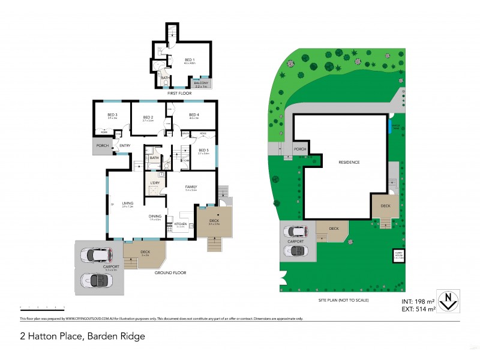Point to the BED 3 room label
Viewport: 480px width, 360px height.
coord(112,115)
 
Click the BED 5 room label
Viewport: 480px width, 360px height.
coord(203,150)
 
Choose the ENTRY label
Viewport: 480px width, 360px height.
coord(125,146)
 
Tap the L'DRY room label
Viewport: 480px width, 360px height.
coord(155,182)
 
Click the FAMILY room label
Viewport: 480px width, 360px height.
coord(191,187)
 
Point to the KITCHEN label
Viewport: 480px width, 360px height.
coord(181,223)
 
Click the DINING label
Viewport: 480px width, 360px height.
coord(155,216)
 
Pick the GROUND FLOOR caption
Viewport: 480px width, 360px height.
coord(169,272)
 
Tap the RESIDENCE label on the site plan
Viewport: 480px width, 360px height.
coord(349,162)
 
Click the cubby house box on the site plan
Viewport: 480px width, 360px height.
coord(398,256)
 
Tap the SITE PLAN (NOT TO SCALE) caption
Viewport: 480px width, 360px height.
coord(343,299)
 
